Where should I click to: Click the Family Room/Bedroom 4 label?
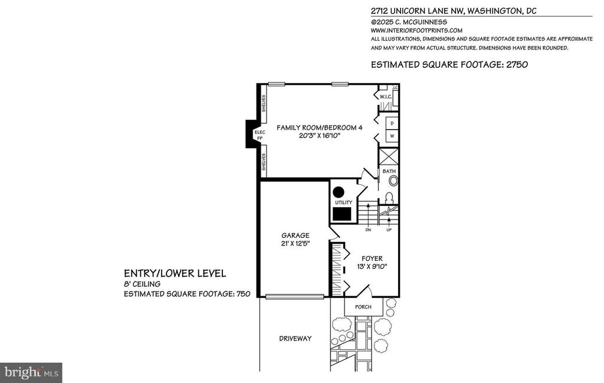(x=319, y=127)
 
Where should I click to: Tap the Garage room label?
(x=296, y=235)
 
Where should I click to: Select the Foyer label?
(x=372, y=258)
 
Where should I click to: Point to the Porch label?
(x=363, y=307)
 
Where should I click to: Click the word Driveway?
(x=296, y=339)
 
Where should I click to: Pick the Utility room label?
(x=343, y=202)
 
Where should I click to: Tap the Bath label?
(x=389, y=171)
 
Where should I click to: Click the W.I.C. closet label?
(x=386, y=97)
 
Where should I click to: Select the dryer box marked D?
(x=392, y=123)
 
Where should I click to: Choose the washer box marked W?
(x=392, y=136)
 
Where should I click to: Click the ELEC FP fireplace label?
(x=260, y=135)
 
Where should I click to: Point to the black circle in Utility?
(x=339, y=192)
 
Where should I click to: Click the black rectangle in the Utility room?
(x=342, y=214)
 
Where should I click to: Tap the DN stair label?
(x=368, y=230)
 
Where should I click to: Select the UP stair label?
(x=389, y=230)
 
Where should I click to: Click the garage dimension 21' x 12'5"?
(x=296, y=244)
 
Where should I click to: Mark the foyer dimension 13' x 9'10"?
(x=372, y=266)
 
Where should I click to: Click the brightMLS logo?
(x=31, y=373)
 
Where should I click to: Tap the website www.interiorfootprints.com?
(x=416, y=31)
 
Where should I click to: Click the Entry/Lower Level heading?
(x=175, y=274)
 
